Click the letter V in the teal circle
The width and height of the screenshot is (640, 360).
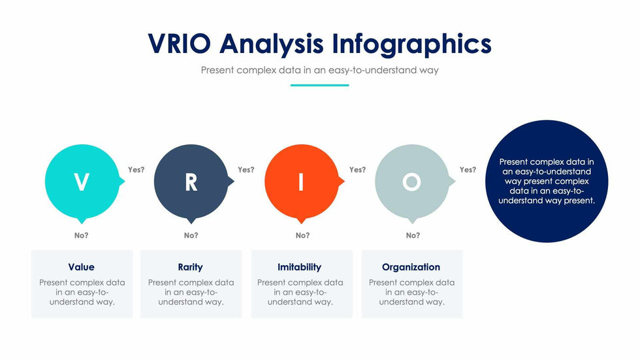point(82,182)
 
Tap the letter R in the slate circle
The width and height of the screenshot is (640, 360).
point(191,182)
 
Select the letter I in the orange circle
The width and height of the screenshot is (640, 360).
point(301,182)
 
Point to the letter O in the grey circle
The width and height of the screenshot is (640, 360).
point(411,182)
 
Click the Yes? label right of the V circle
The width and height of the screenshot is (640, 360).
point(136,170)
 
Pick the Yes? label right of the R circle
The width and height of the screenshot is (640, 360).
point(246,170)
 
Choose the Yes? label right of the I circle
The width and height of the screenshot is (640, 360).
point(358,170)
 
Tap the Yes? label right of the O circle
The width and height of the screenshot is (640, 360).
point(468,170)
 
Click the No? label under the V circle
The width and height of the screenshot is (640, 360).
point(81,235)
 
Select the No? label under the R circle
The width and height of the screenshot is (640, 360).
point(191,235)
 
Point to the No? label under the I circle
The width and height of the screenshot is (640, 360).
point(302,235)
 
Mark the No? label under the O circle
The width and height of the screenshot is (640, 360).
point(413,235)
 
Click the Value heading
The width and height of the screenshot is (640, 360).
point(81,267)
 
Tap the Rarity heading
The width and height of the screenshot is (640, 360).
point(190,267)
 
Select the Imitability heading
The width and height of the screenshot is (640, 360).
point(299,267)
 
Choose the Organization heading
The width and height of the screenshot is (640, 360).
point(411,267)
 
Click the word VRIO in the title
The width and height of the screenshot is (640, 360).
point(179,43)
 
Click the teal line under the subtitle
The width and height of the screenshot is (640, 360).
point(319,86)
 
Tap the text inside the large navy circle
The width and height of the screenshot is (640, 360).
point(547,181)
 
